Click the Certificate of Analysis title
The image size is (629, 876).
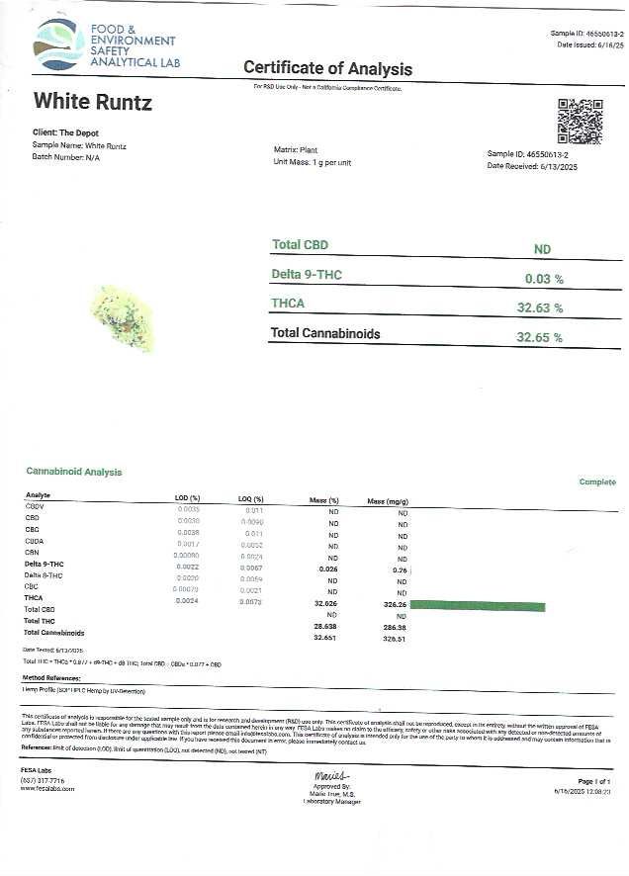click(x=327, y=69)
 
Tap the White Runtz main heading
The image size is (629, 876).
click(x=93, y=102)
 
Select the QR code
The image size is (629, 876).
click(x=580, y=121)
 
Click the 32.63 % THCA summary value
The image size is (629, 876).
click(x=539, y=307)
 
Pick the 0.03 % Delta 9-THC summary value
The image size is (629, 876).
click(x=543, y=279)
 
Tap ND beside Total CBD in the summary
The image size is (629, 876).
click(x=542, y=250)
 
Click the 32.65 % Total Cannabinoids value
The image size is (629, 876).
click(x=539, y=337)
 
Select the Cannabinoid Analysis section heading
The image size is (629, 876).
click(x=74, y=472)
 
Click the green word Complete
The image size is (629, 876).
click(x=597, y=482)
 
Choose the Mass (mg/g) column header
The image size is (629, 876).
click(x=389, y=501)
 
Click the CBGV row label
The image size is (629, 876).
click(x=36, y=506)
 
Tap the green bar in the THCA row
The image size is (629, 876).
click(x=478, y=604)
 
